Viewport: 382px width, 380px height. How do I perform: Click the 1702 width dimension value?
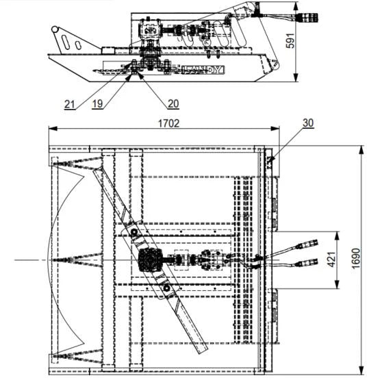pyautogui.click(x=168, y=123)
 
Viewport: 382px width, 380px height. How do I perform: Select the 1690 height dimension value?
pyautogui.click(x=356, y=258)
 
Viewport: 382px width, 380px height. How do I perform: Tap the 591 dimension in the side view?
pyautogui.click(x=290, y=40)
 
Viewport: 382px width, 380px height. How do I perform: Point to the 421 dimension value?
pyautogui.click(x=332, y=259)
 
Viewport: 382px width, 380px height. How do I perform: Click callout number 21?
pyautogui.click(x=69, y=104)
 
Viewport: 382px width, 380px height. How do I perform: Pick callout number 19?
pyautogui.click(x=97, y=104)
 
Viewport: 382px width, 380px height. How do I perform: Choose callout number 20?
pyautogui.click(x=173, y=104)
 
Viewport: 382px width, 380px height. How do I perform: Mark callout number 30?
pyautogui.click(x=308, y=123)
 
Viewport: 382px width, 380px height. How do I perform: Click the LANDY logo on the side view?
pyautogui.click(x=203, y=70)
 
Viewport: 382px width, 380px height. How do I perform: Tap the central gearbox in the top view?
pyautogui.click(x=150, y=260)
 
